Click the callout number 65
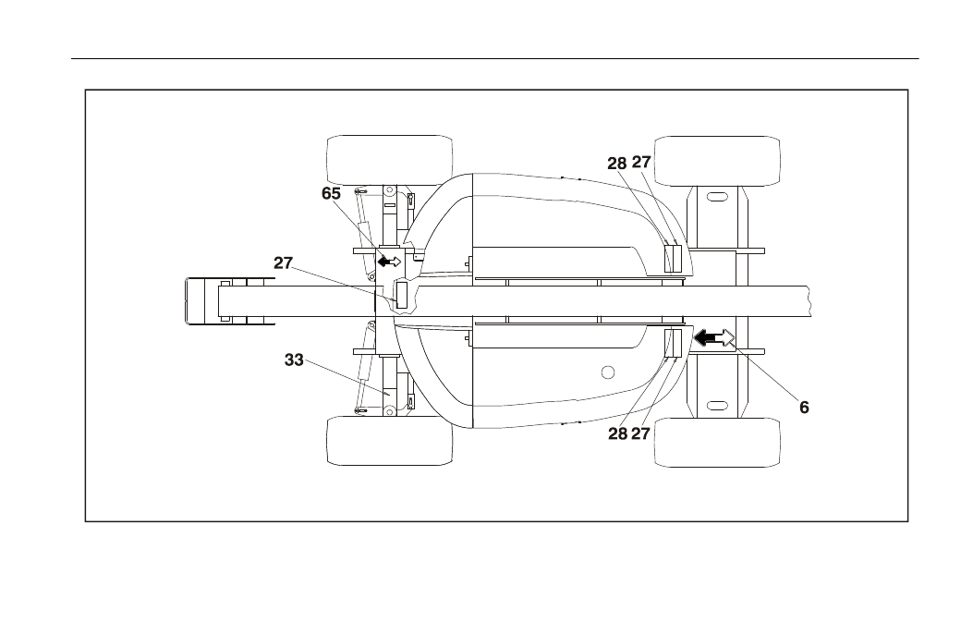[331, 194]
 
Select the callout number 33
[294, 360]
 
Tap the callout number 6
[804, 407]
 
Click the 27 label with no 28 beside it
[283, 262]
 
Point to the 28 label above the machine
[617, 164]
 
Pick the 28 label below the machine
[618, 433]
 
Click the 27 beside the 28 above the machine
[641, 163]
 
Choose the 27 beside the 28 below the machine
[640, 433]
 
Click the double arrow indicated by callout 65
[389, 262]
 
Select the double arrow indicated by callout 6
[713, 337]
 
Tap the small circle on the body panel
[608, 372]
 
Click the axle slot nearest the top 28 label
[716, 198]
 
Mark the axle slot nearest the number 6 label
[716, 406]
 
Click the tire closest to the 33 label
[390, 441]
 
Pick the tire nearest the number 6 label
[717, 443]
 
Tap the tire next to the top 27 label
[717, 161]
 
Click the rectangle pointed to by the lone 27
[401, 296]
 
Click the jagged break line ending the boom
[809, 301]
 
